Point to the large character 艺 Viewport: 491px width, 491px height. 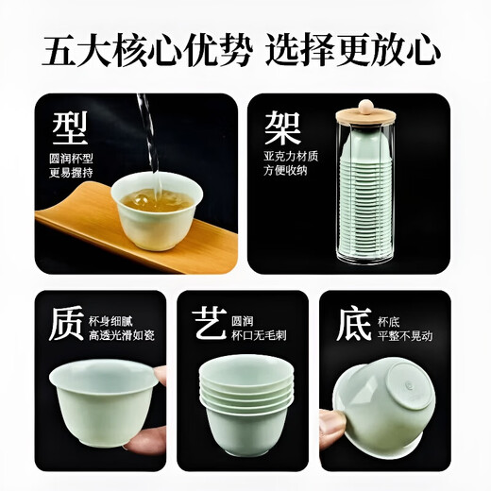[209, 324]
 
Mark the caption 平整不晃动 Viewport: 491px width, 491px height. [407, 332]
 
